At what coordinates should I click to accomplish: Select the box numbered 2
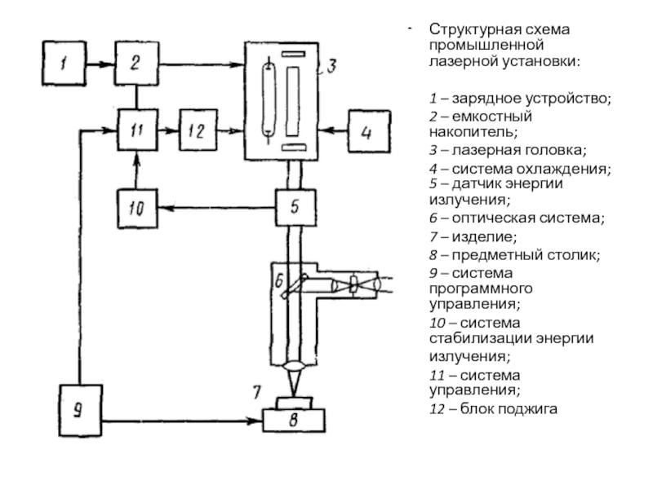click(x=136, y=62)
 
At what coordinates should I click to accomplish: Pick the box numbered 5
click(x=297, y=208)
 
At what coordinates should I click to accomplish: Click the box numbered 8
click(x=295, y=421)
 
